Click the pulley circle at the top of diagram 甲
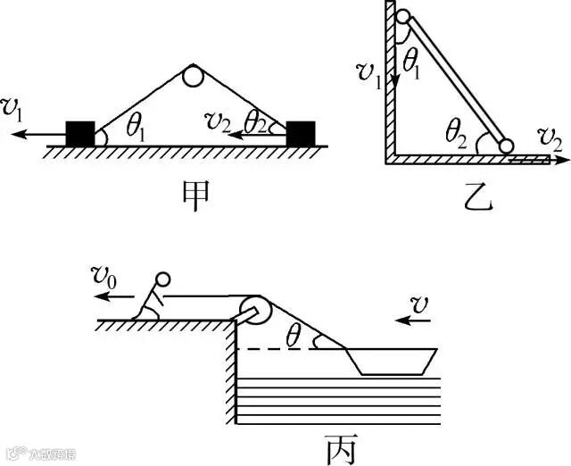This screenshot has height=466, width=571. coord(194,77)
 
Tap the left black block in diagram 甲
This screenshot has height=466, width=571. coord(80,133)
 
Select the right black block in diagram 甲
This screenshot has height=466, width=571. coord(300,133)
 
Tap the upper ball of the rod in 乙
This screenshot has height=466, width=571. coord(403,16)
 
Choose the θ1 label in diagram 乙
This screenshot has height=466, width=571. coord(412,60)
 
